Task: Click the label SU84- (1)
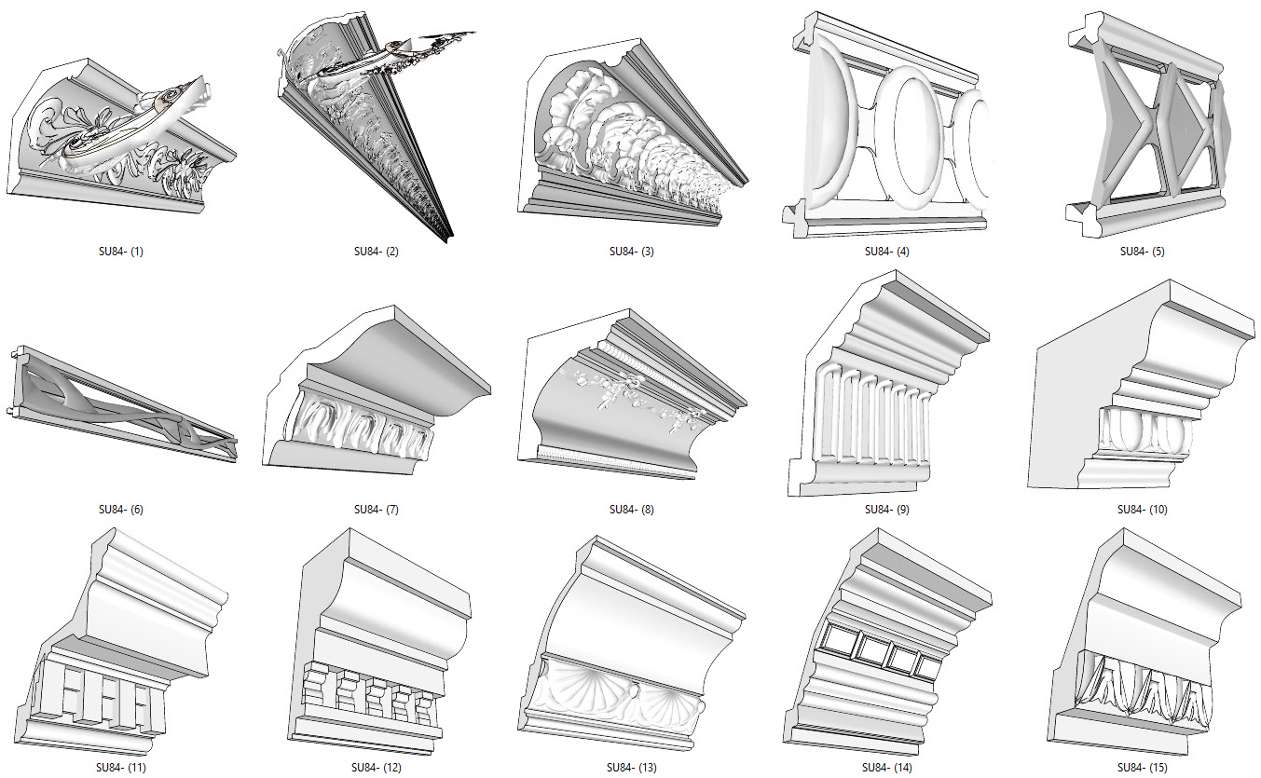(121, 252)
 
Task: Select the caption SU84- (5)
(1143, 252)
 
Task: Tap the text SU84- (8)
(632, 510)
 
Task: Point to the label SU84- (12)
(376, 768)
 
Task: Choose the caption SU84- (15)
(1143, 768)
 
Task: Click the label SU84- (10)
(1143, 510)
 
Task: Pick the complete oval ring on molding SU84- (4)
(908, 138)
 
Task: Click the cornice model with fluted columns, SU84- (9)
(888, 384)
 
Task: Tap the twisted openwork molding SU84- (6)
(123, 404)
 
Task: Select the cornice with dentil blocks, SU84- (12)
(380, 642)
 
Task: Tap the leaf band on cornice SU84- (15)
(1143, 689)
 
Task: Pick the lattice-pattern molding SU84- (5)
(1148, 125)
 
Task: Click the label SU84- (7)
(376, 510)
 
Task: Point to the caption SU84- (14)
(886, 768)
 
